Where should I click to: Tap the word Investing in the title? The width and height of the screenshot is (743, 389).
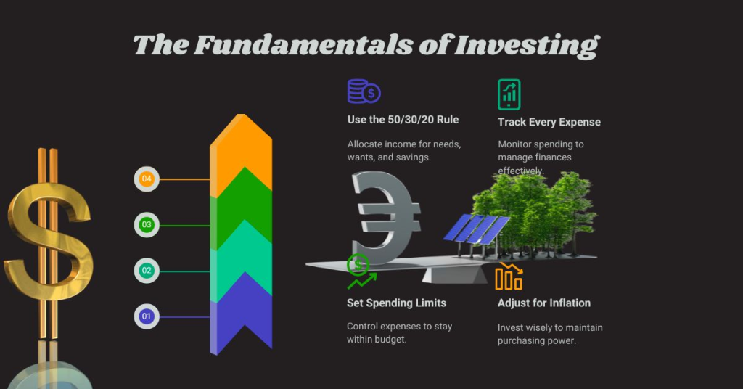pos(527,45)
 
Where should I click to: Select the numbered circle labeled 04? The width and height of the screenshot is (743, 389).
pos(147,179)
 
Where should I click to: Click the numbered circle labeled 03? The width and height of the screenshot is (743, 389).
pos(147,225)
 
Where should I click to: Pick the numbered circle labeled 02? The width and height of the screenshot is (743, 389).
pos(147,271)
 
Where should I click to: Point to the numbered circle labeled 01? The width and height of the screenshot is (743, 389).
pos(147,316)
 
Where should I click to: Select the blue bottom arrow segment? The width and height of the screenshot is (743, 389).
pos(241,319)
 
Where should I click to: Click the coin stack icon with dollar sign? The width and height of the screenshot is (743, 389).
pos(364,91)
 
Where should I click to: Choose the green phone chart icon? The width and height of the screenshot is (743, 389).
pos(509,94)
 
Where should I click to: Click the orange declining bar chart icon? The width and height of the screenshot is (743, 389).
pos(509,277)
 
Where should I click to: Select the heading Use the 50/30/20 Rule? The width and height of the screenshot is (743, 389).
pos(403,119)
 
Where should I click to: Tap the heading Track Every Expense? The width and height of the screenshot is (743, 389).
pos(549,122)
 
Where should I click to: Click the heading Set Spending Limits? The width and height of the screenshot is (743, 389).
pos(396,303)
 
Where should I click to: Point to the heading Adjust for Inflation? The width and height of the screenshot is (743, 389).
pos(544,303)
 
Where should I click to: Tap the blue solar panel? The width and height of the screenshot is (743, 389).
pos(476,229)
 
